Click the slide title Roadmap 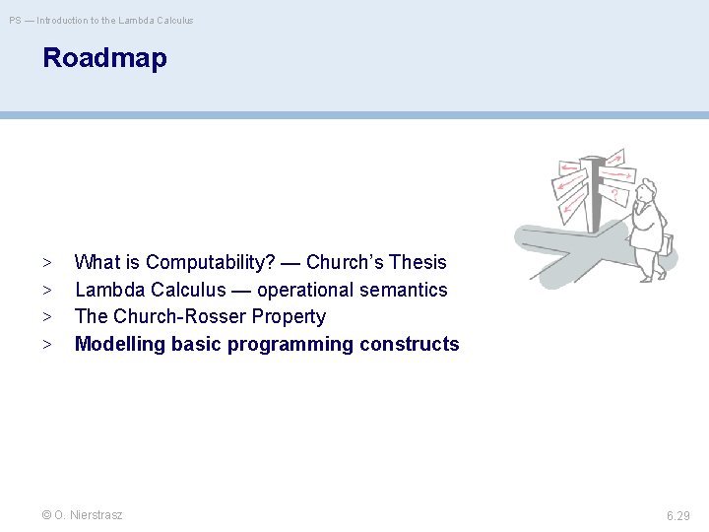tap(104, 58)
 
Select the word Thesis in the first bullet tap(418, 263)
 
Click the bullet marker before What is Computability tap(47, 263)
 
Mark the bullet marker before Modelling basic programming tap(47, 345)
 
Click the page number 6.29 tap(677, 515)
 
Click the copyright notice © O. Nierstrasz tap(83, 515)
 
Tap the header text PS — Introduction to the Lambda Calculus tap(101, 20)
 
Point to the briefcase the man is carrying tap(667, 243)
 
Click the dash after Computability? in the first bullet tap(290, 263)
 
